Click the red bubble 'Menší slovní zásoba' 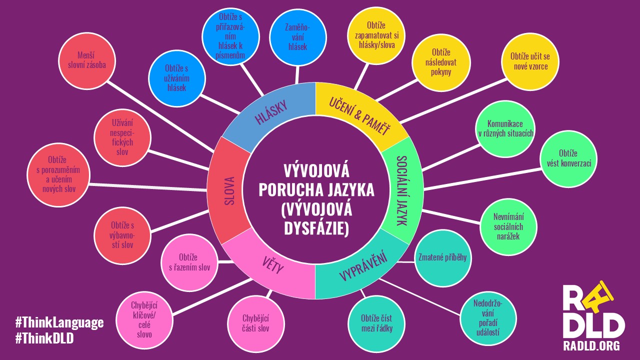click(87, 61)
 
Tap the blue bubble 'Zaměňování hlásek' click(297, 38)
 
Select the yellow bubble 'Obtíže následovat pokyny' click(441, 62)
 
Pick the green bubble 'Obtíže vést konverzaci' click(568, 159)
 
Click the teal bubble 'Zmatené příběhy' click(442, 258)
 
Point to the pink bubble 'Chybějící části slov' click(256, 324)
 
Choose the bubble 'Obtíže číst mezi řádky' click(376, 324)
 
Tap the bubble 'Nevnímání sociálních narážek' click(508, 227)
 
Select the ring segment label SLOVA click(229, 190)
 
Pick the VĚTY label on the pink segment click(273, 265)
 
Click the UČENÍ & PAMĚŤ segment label click(359, 116)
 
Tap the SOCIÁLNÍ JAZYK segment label click(401, 190)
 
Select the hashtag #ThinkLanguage click(59, 323)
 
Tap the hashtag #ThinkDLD click(44, 338)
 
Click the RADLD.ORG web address click(591, 345)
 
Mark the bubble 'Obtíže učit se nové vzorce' click(530, 61)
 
